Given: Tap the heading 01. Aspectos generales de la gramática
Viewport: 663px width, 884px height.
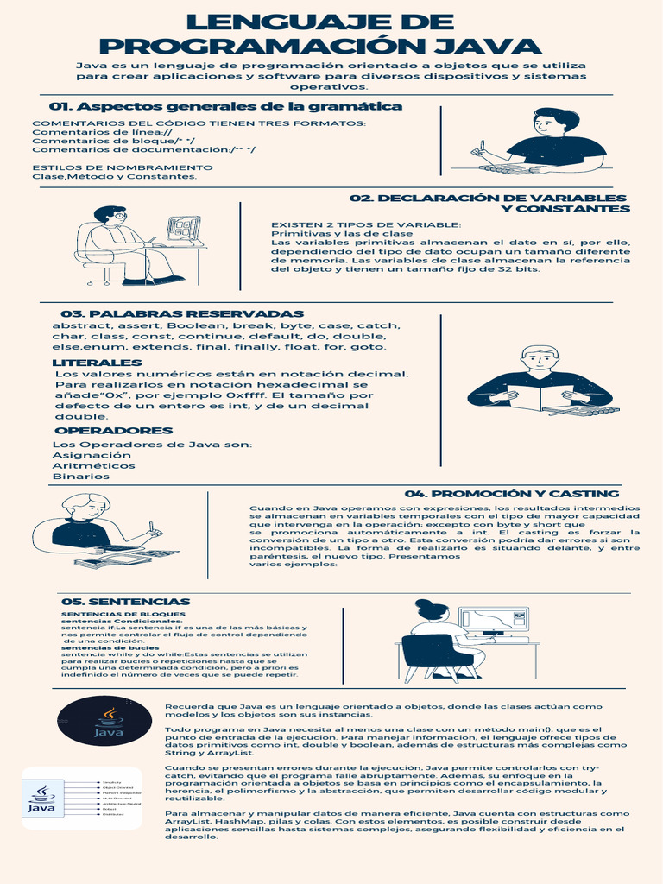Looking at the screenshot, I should (x=226, y=106).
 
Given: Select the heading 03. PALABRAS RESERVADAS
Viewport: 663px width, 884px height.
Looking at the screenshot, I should (x=182, y=313).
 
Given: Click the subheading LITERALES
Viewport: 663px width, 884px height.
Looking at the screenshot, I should (x=97, y=363).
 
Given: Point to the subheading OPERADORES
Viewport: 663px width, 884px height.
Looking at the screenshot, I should (x=114, y=430).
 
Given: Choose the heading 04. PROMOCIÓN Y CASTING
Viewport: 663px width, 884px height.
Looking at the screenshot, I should (x=512, y=494).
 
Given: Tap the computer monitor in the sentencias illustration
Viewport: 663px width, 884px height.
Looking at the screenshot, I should (x=493, y=620).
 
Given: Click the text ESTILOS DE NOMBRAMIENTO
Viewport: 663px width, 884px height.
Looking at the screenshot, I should (x=122, y=167).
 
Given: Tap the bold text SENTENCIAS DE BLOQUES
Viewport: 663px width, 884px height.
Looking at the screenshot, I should (x=111, y=614).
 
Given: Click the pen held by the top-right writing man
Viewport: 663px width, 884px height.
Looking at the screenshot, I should (x=483, y=146).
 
